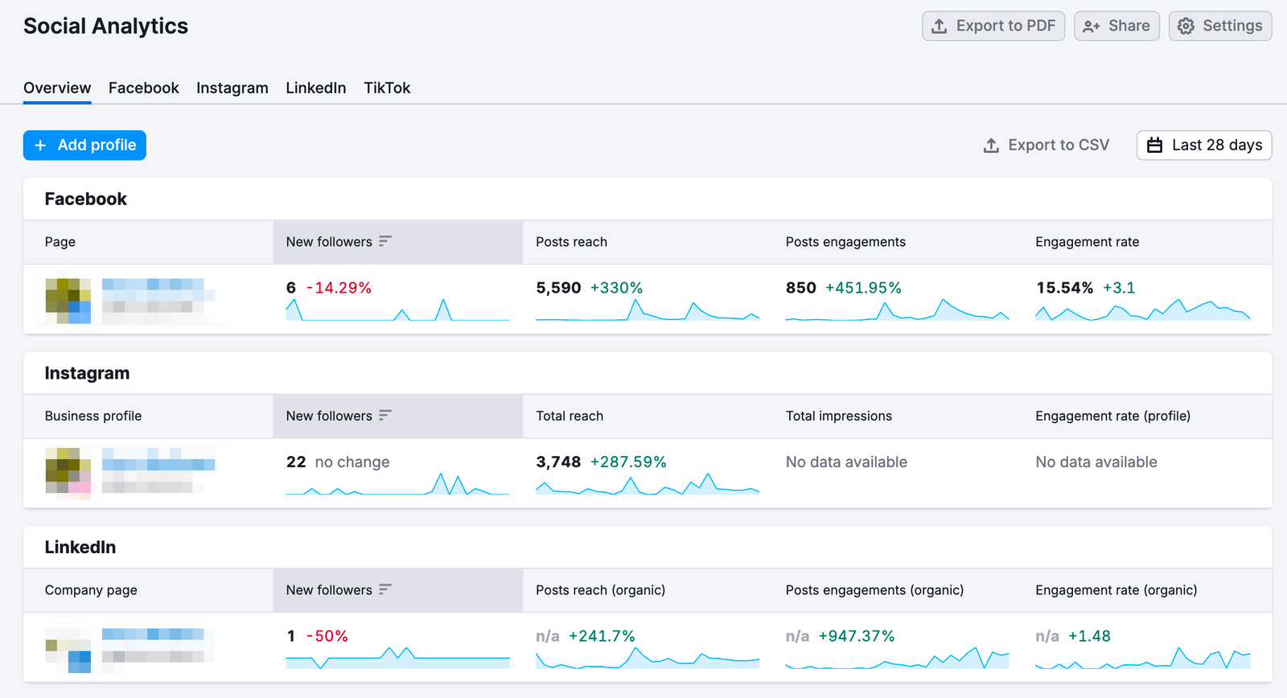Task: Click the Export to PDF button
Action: [x=993, y=26]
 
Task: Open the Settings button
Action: [x=1219, y=26]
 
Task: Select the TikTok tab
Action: [x=387, y=88]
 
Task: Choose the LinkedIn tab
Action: [x=315, y=88]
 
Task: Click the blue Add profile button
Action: [x=84, y=146]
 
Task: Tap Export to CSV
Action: [x=1046, y=146]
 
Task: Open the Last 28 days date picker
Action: [x=1203, y=146]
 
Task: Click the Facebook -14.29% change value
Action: [x=339, y=288]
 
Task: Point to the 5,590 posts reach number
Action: [x=558, y=288]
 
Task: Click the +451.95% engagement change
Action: [x=863, y=288]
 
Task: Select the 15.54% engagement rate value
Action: [x=1064, y=288]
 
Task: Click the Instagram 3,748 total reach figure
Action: [x=558, y=462]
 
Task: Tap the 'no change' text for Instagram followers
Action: [x=352, y=462]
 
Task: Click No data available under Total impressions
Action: [x=846, y=462]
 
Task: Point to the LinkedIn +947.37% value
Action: [x=856, y=636]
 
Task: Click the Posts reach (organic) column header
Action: [x=600, y=590]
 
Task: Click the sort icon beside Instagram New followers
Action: [x=385, y=416]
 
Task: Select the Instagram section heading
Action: [x=87, y=373]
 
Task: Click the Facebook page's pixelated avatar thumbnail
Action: [x=68, y=301]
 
